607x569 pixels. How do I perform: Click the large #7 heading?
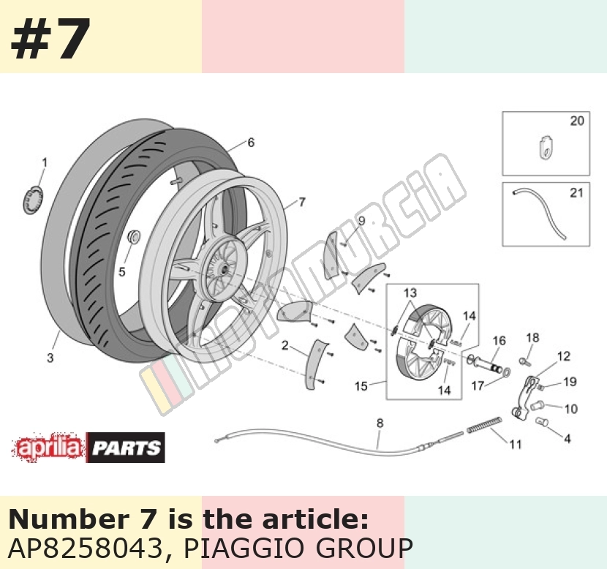coord(50,39)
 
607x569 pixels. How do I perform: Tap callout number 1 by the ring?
coord(45,162)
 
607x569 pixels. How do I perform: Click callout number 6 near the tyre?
coord(251,143)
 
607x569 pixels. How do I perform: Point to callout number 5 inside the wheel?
coord(122,272)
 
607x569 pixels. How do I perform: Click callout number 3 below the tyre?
coord(50,358)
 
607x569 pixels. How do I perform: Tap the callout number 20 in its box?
coord(577,121)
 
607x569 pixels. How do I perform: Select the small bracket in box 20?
coord(546,147)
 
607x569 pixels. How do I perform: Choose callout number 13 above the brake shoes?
coord(410,293)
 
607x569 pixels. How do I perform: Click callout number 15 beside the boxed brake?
coord(361,386)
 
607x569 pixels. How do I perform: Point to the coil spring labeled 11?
coord(484,424)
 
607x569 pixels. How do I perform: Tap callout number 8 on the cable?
coord(380,423)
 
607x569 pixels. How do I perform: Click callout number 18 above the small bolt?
coord(532,338)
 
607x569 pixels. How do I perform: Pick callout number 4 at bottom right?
coord(567,439)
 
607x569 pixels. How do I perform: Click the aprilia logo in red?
coord(48,448)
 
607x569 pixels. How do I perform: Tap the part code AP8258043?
coord(86,548)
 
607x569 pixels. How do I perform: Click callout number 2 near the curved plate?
coord(285,345)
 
